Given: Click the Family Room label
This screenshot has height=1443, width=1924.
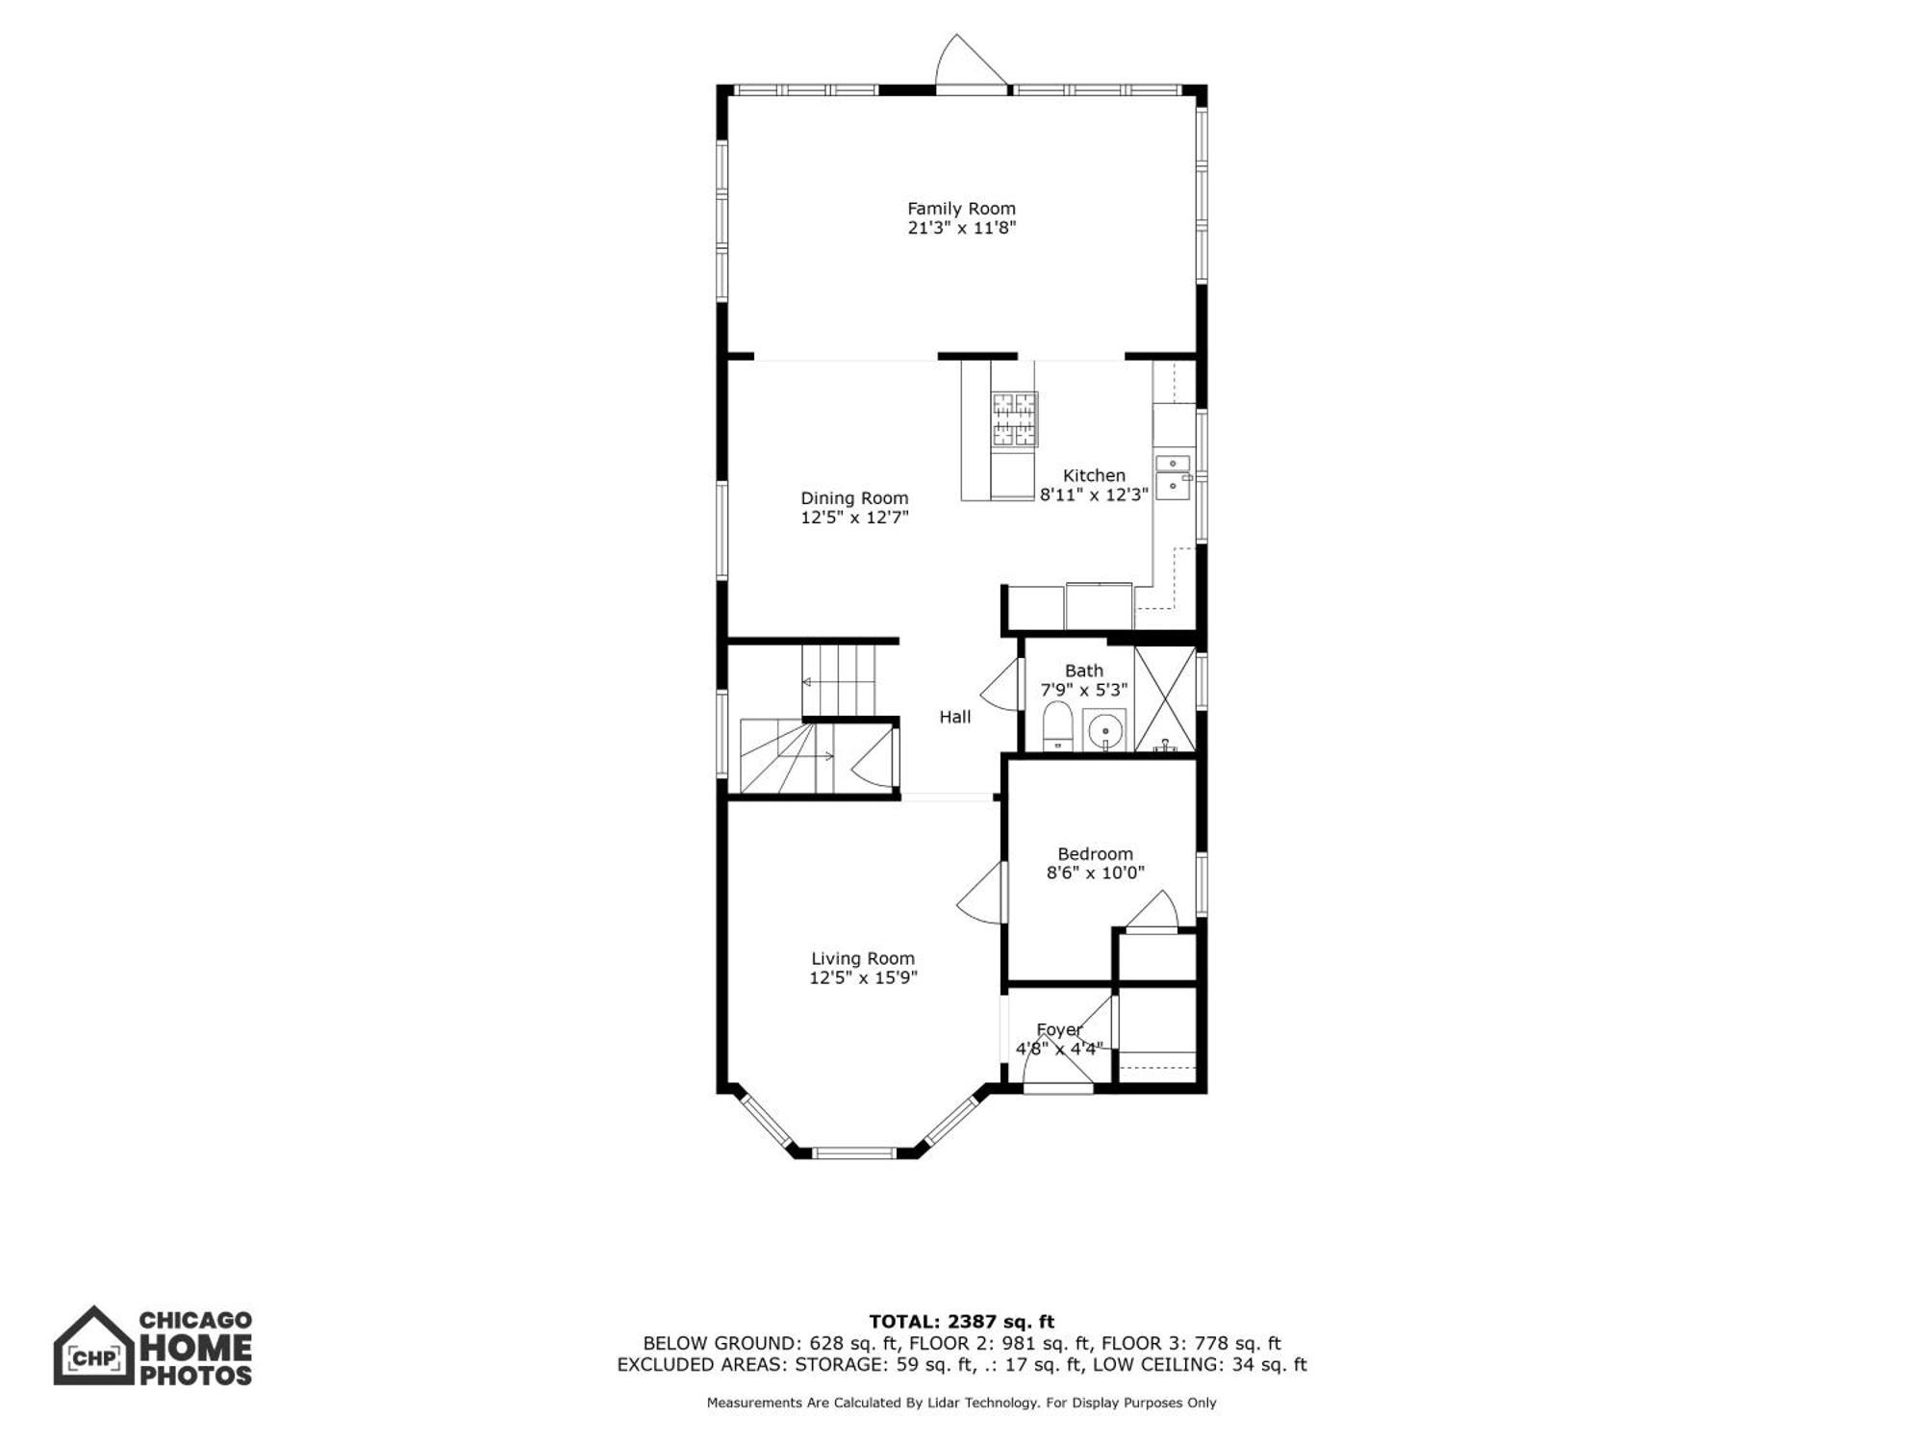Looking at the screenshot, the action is pyautogui.click(x=961, y=208).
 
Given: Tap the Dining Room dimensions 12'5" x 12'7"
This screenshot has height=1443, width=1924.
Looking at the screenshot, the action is pyautogui.click(x=854, y=518).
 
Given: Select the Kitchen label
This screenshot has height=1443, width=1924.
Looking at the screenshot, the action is pyautogui.click(x=1094, y=475).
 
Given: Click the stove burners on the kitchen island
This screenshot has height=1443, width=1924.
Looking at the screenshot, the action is pyautogui.click(x=1015, y=419).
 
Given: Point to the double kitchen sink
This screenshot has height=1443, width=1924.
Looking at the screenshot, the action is pyautogui.click(x=1173, y=477).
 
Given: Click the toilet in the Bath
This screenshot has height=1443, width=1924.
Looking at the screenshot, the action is pyautogui.click(x=1057, y=725).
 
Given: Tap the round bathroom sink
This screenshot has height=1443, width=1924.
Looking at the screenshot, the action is pyautogui.click(x=1104, y=730).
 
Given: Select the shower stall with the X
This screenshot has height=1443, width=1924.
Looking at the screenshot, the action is pyautogui.click(x=1165, y=699).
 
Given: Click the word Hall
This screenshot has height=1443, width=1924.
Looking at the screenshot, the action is pyautogui.click(x=955, y=717).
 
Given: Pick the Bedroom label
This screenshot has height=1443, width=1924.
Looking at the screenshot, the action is pyautogui.click(x=1095, y=853).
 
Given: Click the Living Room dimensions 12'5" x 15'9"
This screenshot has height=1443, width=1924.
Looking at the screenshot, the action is pyautogui.click(x=863, y=977).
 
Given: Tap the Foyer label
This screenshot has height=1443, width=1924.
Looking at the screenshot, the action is pyautogui.click(x=1059, y=1029).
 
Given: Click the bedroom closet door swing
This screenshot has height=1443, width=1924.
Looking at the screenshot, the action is pyautogui.click(x=1152, y=910).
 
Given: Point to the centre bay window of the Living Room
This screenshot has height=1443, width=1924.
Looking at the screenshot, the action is pyautogui.click(x=854, y=1152).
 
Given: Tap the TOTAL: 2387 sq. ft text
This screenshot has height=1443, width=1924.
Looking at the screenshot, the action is pyautogui.click(x=962, y=1322).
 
